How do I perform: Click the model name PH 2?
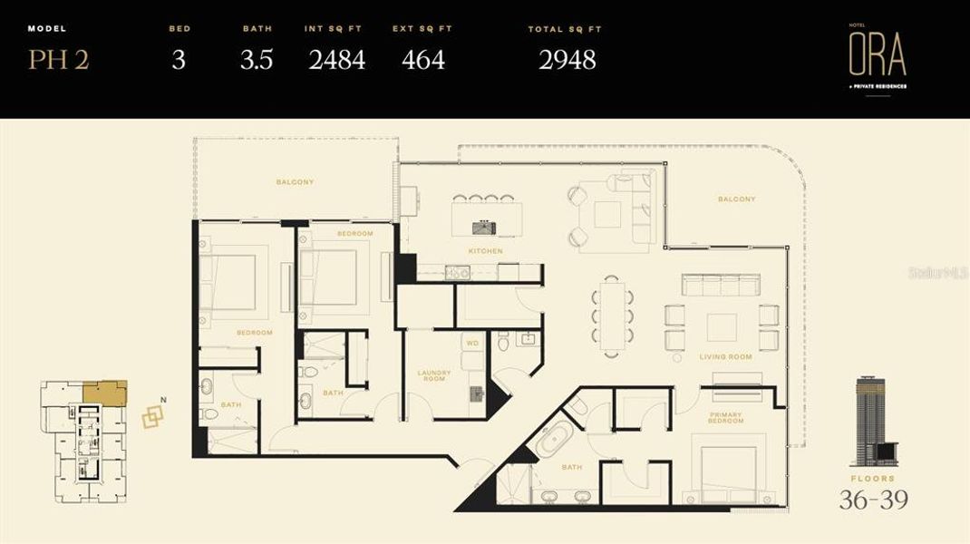point(58,61)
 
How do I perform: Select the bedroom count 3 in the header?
point(179,61)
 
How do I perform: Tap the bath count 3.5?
point(257,61)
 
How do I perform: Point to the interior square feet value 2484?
point(337,61)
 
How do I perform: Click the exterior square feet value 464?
point(423,61)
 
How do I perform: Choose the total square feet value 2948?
point(567,61)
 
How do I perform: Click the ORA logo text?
point(877,56)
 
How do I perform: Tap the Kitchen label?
point(486,251)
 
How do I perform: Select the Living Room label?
point(725,357)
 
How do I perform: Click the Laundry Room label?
point(434,376)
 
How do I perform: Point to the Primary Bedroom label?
point(725,418)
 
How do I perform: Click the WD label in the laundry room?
point(471,343)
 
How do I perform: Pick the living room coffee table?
point(722,327)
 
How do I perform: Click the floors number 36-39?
point(875,499)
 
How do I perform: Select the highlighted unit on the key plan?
point(103,392)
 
